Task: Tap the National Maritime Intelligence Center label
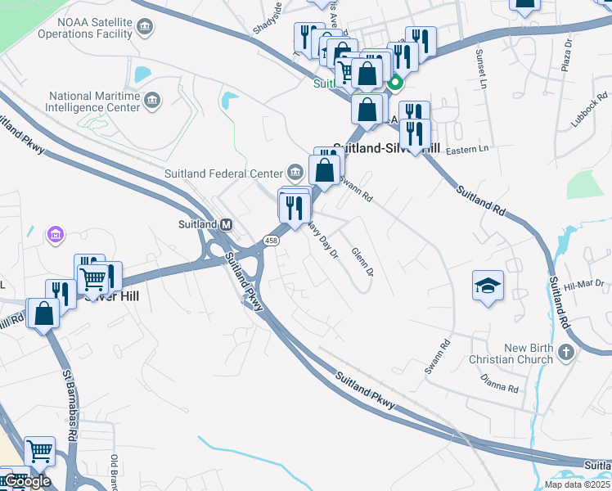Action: [93, 101]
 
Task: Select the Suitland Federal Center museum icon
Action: [295, 173]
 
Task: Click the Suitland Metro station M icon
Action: [227, 224]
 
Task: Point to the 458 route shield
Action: [271, 239]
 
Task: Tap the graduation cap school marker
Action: [488, 286]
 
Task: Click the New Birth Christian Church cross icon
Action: [565, 354]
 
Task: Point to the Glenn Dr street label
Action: [362, 261]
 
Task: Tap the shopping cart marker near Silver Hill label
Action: [92, 278]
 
